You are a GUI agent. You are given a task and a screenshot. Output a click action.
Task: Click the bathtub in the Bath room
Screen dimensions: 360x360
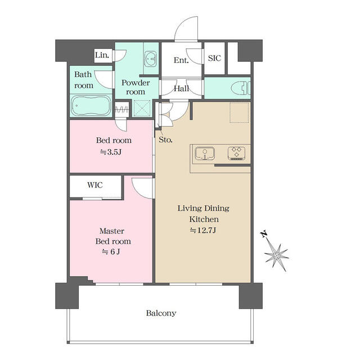click(x=91, y=106)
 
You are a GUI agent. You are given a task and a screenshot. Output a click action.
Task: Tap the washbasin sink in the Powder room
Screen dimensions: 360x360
click(x=150, y=58)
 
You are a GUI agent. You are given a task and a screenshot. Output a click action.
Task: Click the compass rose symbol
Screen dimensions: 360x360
click(x=276, y=255)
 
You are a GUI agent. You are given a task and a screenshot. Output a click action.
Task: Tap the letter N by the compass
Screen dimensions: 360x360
click(x=264, y=234)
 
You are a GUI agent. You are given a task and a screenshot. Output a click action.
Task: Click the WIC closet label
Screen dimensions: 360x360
click(x=95, y=185)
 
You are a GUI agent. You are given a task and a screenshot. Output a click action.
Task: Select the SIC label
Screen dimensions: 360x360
click(x=214, y=58)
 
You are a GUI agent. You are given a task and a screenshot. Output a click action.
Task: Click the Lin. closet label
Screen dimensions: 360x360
click(x=102, y=55)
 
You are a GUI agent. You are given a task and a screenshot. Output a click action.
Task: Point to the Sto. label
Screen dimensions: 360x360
click(x=165, y=139)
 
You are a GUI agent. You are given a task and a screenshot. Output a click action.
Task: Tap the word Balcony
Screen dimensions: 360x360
click(x=161, y=313)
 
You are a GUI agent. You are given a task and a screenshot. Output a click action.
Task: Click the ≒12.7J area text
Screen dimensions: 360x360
click(x=203, y=230)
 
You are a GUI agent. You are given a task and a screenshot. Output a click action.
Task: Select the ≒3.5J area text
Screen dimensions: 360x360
click(x=111, y=152)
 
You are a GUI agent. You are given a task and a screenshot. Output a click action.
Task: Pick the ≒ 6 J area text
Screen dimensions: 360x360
click(x=111, y=252)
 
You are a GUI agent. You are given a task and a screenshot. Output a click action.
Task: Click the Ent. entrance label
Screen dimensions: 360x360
click(x=181, y=60)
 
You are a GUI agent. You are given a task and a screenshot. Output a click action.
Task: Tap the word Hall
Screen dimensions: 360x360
click(x=181, y=88)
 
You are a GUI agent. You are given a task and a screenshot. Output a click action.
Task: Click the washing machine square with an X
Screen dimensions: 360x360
click(x=142, y=109)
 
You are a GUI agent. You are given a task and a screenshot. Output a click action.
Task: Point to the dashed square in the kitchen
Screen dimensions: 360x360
click(x=239, y=112)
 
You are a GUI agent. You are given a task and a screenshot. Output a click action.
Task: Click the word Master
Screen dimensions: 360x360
click(x=112, y=231)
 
